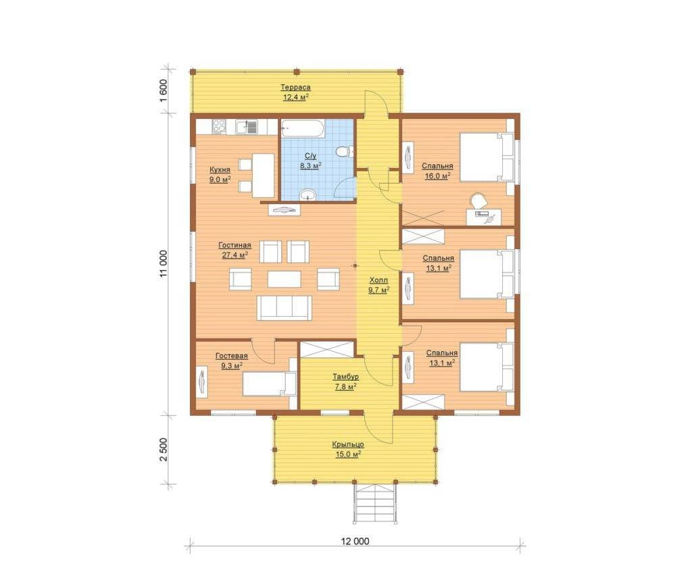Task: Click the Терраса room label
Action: [296, 87]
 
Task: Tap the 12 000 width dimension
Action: [355, 542]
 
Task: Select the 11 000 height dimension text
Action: [164, 264]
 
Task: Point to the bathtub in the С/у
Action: [303, 128]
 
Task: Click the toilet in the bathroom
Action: [344, 152]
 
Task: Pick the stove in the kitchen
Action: [219, 126]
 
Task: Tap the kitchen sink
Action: [246, 126]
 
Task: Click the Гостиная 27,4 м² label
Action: [234, 250]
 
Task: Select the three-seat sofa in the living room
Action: [285, 308]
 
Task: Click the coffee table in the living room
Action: [285, 280]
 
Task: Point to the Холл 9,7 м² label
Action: [378, 285]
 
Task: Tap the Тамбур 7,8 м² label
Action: [345, 381]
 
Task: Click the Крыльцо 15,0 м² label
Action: [348, 449]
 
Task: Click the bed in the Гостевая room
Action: [269, 384]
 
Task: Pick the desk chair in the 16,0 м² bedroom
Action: [478, 201]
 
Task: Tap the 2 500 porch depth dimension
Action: [164, 450]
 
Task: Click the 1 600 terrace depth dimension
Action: [164, 90]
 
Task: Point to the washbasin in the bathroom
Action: [308, 194]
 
